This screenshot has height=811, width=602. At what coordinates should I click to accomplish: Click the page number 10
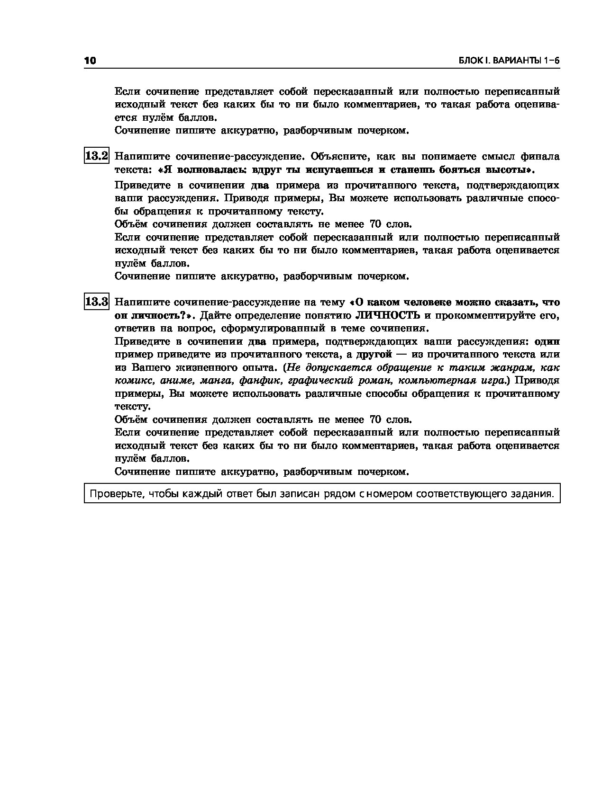point(90,61)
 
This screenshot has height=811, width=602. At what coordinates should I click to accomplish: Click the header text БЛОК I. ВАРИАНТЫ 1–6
point(509,61)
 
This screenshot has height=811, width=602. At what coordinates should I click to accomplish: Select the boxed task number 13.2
point(97,156)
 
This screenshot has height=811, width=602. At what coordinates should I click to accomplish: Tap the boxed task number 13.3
point(97,302)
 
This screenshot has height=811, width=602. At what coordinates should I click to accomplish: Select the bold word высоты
point(507,169)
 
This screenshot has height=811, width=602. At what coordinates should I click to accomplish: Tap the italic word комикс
point(135,381)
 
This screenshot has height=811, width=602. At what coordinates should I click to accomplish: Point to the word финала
point(540,156)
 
